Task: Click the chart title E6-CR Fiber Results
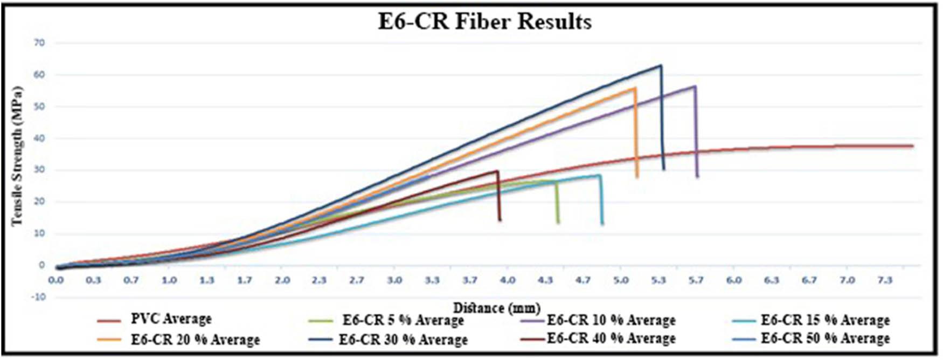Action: [x=484, y=22]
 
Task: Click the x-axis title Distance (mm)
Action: [x=496, y=308]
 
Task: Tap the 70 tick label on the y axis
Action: [x=40, y=43]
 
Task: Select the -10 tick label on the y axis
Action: [x=39, y=297]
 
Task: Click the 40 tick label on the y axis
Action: [x=40, y=139]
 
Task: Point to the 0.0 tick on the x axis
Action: [x=56, y=280]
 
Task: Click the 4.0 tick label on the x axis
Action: [x=508, y=280]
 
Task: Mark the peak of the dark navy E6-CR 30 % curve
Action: [x=661, y=66]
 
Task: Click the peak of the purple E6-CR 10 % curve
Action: [x=695, y=86]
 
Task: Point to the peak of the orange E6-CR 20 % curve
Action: [x=635, y=88]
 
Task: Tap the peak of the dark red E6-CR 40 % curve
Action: [x=497, y=171]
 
